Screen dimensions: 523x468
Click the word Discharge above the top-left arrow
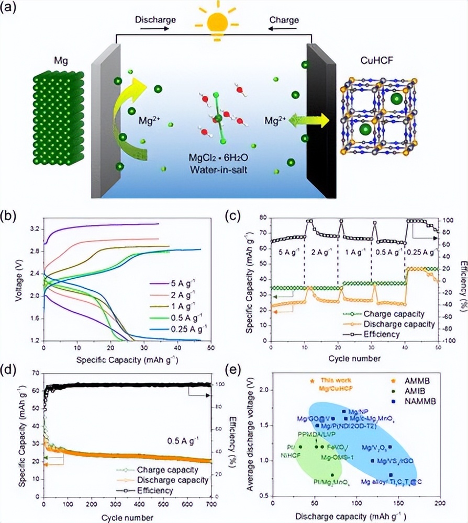(x=151, y=20)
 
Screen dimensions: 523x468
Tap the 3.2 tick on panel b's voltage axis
(x=34, y=229)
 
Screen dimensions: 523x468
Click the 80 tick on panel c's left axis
(x=263, y=217)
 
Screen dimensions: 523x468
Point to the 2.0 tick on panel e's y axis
(x=265, y=390)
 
